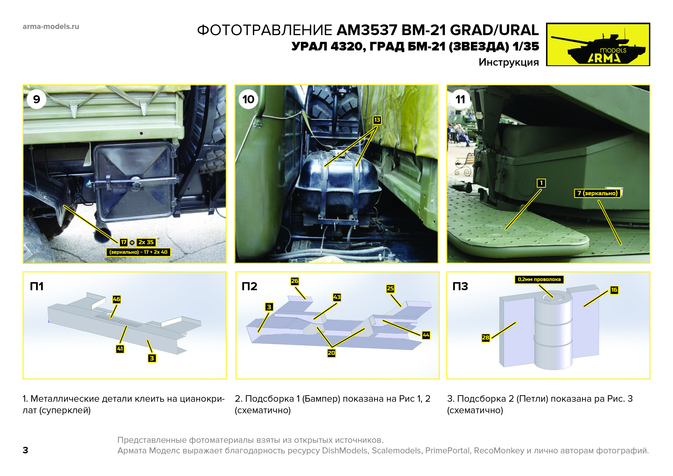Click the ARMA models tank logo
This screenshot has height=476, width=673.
(598, 44)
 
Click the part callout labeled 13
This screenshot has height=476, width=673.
(377, 120)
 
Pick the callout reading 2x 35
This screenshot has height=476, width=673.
(146, 242)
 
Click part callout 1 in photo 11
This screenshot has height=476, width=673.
(541, 183)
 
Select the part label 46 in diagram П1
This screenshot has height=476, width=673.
(117, 299)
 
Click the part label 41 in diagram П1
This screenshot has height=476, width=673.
(120, 349)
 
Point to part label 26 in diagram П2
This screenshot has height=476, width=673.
(295, 281)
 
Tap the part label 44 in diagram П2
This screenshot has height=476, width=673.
(426, 335)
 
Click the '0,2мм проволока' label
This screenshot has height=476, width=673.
(539, 279)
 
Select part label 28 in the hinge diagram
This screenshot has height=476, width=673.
(486, 338)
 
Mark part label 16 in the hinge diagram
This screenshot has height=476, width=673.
(614, 290)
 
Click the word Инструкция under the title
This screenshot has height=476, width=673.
(509, 62)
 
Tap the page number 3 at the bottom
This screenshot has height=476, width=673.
(26, 450)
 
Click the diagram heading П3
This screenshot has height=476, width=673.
(460, 286)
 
